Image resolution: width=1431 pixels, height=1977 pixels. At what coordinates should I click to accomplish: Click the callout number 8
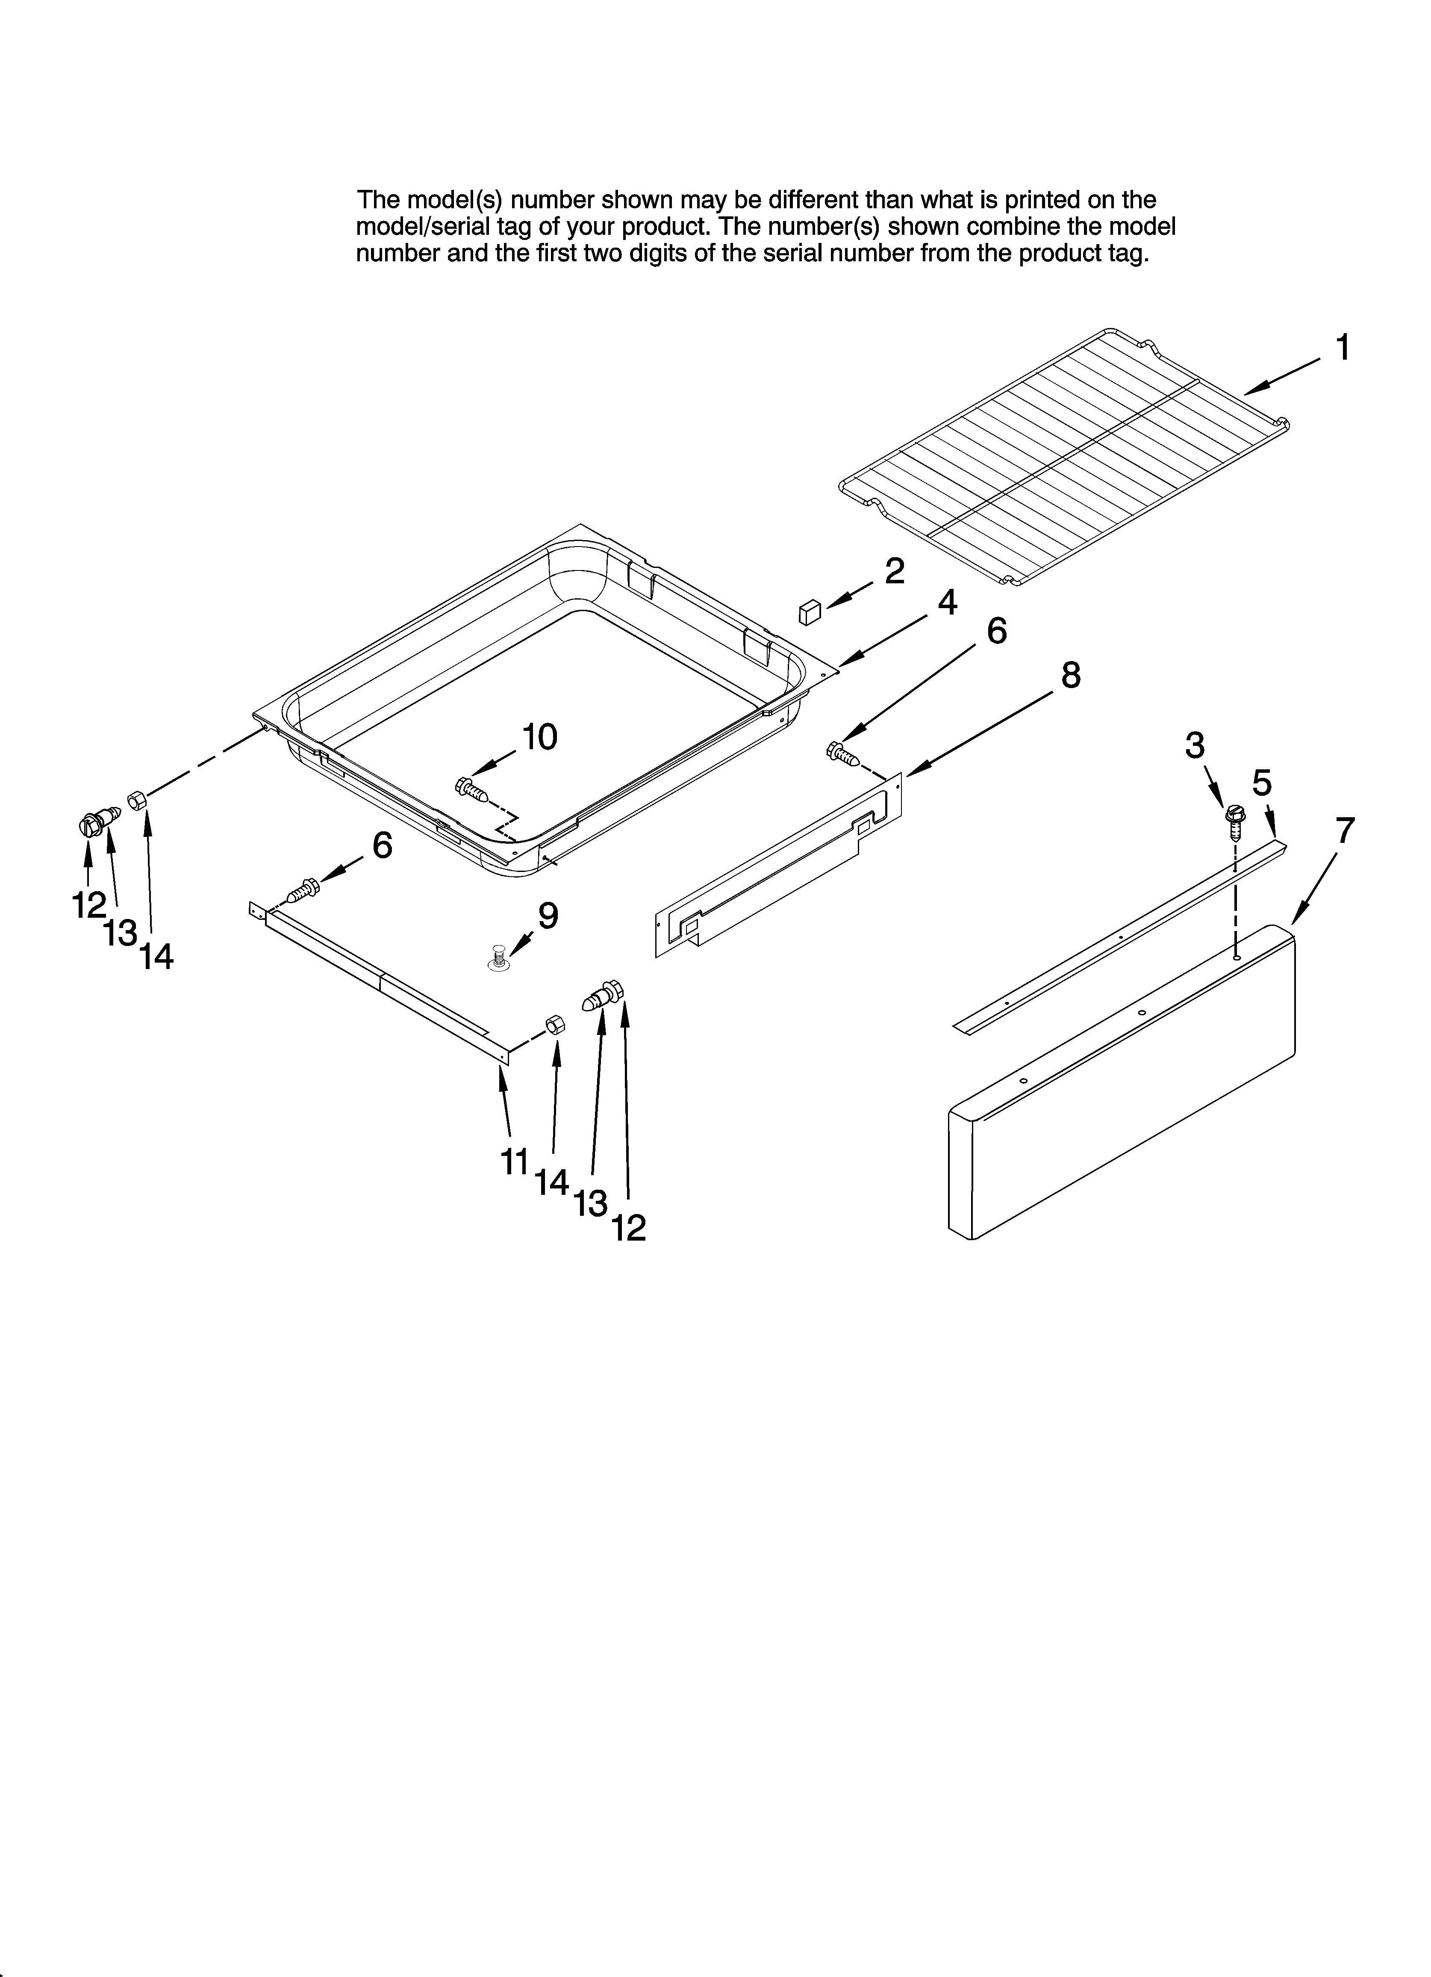(x=1070, y=675)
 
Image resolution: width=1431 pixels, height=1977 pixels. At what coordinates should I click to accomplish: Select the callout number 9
(x=548, y=915)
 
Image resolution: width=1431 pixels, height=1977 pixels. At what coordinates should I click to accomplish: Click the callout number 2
(x=895, y=572)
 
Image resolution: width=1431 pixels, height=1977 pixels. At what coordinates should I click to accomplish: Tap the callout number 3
(x=1195, y=745)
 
